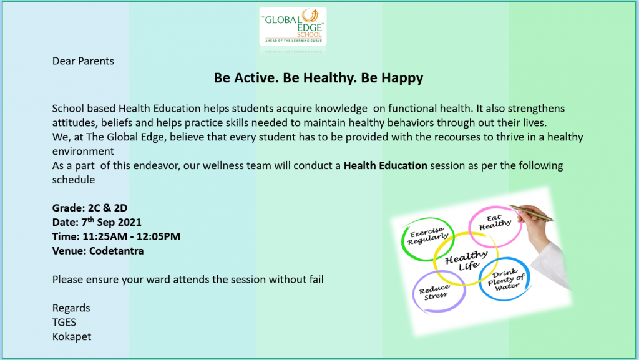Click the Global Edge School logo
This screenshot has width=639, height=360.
tap(293, 26)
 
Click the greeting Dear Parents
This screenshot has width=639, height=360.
tap(83, 61)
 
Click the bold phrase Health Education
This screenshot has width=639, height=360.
tap(386, 166)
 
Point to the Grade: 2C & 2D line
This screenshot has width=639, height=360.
tap(90, 208)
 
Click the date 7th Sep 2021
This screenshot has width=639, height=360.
tap(111, 222)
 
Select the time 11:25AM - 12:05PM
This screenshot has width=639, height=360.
tap(131, 236)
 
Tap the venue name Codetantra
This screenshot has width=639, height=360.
tap(116, 251)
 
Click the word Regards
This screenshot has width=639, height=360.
tap(71, 308)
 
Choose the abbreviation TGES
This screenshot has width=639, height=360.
tap(64, 322)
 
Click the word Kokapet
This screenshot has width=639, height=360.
tap(72, 337)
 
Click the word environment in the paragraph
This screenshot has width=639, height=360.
tap(83, 152)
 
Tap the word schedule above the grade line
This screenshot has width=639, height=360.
tap(74, 180)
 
